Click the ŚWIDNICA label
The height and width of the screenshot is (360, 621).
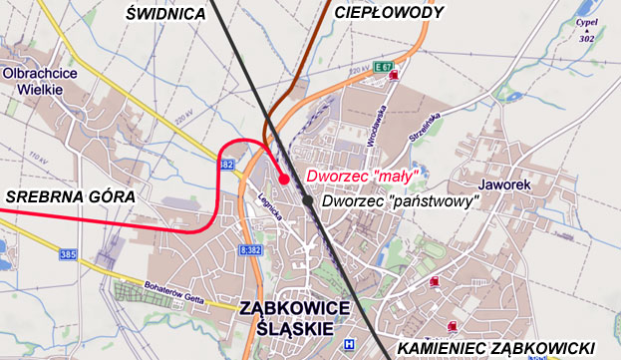(166, 13)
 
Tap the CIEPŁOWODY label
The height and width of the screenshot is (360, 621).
(388, 12)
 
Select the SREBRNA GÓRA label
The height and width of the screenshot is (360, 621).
(69, 197)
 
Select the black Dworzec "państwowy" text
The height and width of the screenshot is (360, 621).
(401, 200)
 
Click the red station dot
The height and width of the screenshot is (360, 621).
(284, 180)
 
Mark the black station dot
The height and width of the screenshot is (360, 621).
(308, 200)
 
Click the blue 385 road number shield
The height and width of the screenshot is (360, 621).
(68, 255)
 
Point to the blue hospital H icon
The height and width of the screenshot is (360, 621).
(347, 345)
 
